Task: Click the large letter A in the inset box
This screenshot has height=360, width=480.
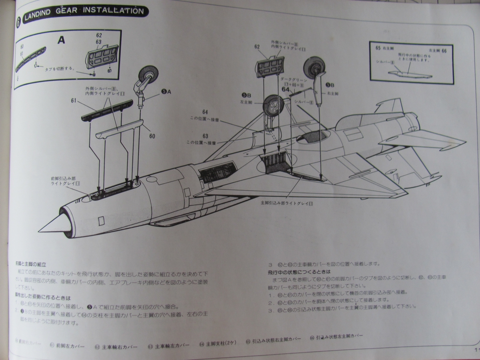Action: (x=61, y=40)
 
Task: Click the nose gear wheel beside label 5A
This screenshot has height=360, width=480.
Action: (x=149, y=74)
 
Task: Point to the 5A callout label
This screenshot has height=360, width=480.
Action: (x=165, y=92)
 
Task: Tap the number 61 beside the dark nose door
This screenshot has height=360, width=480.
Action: (x=74, y=100)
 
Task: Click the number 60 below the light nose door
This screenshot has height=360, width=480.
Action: (x=152, y=136)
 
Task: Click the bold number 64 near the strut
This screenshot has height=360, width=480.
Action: (x=285, y=89)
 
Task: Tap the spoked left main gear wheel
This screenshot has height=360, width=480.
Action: (x=274, y=105)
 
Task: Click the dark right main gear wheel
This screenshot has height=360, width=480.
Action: (x=314, y=67)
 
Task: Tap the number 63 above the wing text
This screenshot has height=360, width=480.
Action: (x=205, y=136)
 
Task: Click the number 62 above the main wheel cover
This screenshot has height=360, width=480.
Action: (x=257, y=47)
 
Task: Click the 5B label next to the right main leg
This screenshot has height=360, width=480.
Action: (x=330, y=85)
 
